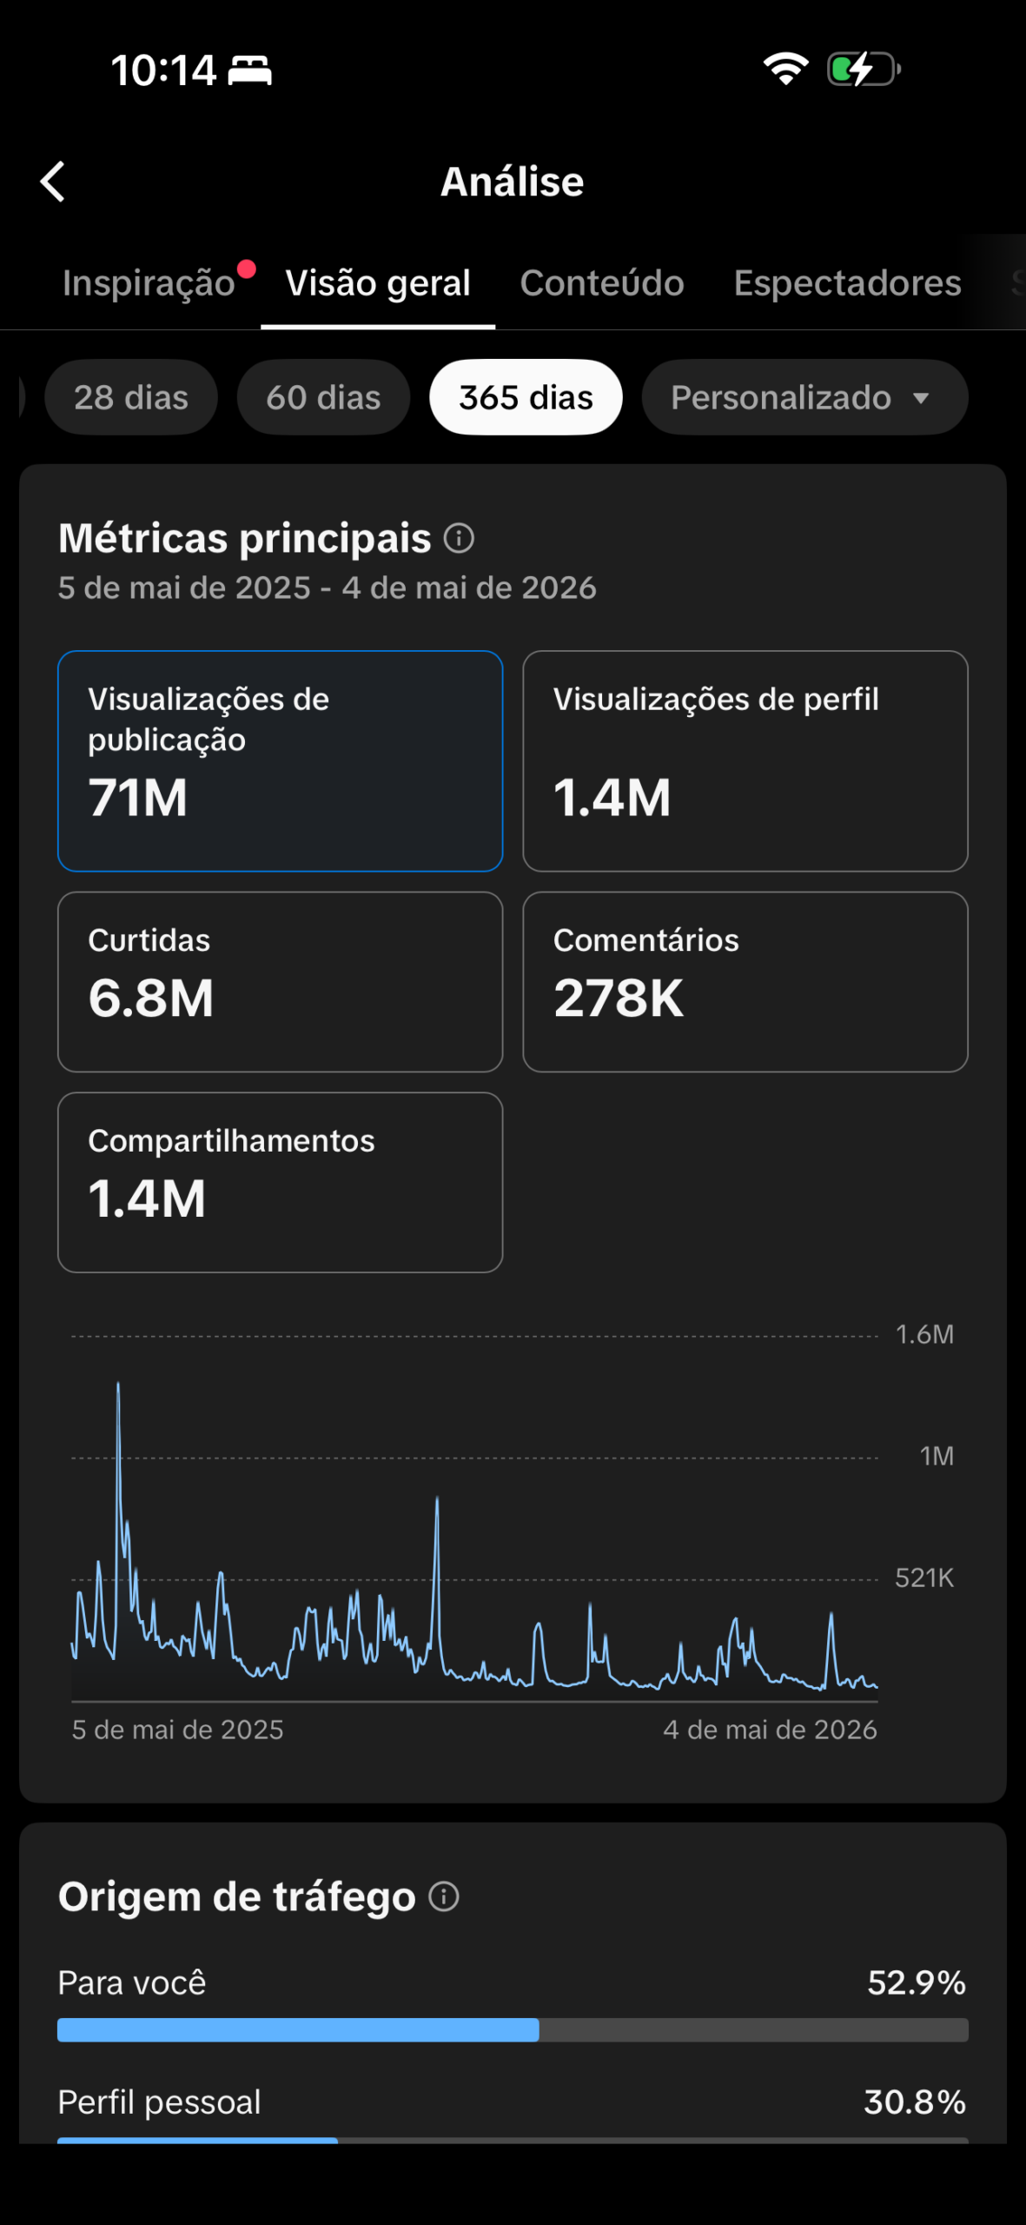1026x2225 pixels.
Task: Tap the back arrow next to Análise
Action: [x=53, y=182]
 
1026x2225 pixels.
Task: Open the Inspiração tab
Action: [x=149, y=283]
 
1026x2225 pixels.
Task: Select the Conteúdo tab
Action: [x=602, y=282]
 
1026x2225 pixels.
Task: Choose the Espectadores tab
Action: [x=847, y=283]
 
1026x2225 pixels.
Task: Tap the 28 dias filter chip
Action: [x=131, y=397]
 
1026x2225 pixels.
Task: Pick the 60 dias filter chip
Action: [x=323, y=397]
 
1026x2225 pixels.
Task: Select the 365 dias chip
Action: [x=526, y=397]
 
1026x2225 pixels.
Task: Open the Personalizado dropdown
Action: [x=804, y=397]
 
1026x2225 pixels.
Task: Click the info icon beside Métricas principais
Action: [x=459, y=538]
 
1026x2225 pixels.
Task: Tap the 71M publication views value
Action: [x=138, y=798]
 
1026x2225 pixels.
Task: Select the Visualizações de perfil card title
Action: [x=716, y=700]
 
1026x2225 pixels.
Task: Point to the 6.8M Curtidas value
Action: [x=151, y=998]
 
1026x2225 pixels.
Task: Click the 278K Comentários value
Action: [x=619, y=998]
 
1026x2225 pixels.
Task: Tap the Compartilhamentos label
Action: [x=231, y=1140]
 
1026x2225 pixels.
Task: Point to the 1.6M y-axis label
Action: [x=924, y=1334]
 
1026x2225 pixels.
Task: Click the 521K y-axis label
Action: [x=924, y=1577]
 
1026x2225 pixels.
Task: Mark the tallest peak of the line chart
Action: [x=118, y=1383]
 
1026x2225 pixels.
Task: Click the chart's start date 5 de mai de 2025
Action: [x=177, y=1730]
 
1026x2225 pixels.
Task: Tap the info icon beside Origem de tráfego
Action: [x=444, y=1896]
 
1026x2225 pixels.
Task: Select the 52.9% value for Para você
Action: [x=917, y=1983]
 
